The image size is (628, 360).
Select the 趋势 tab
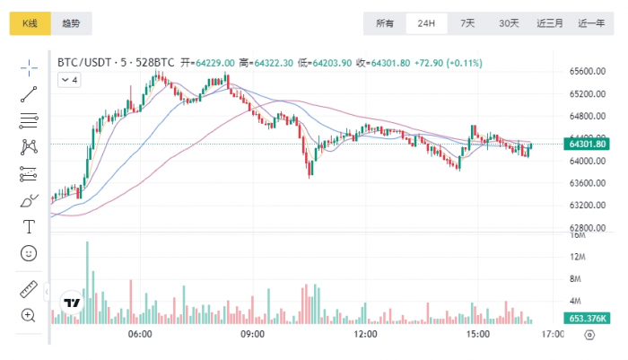pyautogui.click(x=71, y=23)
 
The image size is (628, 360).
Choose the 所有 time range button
pyautogui.click(x=385, y=23)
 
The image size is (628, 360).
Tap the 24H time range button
pyautogui.click(x=426, y=23)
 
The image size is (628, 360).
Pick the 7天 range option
pyautogui.click(x=467, y=23)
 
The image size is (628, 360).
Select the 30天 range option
pyautogui.click(x=509, y=23)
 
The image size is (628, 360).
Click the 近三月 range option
pyautogui.click(x=550, y=23)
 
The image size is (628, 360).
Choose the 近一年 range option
pyautogui.click(x=591, y=23)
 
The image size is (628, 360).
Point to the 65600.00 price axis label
pyautogui.click(x=588, y=71)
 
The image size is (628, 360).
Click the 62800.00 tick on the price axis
pyautogui.click(x=588, y=228)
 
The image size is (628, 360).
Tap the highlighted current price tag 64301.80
pyautogui.click(x=588, y=144)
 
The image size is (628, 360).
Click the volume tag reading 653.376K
pyautogui.click(x=588, y=319)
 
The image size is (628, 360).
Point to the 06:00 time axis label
pyautogui.click(x=140, y=334)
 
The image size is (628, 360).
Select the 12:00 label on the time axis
pyautogui.click(x=365, y=334)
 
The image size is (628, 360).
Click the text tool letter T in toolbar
pyautogui.click(x=29, y=226)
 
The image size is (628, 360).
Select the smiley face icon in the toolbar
pyautogui.click(x=29, y=254)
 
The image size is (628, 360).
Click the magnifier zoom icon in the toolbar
pyautogui.click(x=29, y=314)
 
